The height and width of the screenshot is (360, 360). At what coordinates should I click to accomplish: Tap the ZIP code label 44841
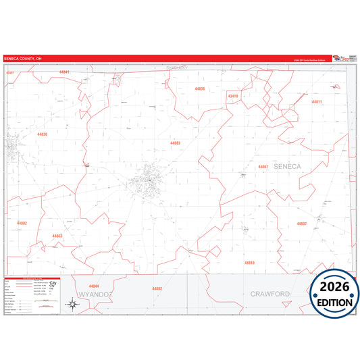click(x=64, y=72)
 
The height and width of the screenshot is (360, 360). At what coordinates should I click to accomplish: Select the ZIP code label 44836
click(x=199, y=89)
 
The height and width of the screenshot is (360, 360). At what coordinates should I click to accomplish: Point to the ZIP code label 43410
click(x=233, y=96)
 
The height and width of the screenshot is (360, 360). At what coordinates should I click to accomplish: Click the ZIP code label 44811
click(x=317, y=101)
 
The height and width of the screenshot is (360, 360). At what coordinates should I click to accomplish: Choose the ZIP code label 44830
click(x=43, y=134)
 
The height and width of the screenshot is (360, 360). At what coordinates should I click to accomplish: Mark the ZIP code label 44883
click(x=176, y=143)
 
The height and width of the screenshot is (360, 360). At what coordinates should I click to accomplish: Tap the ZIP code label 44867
click(x=263, y=166)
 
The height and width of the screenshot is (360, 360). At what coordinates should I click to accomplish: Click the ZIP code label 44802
click(x=22, y=223)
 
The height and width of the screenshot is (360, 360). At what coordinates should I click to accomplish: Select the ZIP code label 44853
click(x=57, y=236)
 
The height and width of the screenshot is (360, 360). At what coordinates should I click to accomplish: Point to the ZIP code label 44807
click(x=302, y=223)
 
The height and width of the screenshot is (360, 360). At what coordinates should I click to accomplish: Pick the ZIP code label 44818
click(x=249, y=263)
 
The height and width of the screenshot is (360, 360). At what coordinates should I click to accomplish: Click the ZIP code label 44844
click(x=94, y=286)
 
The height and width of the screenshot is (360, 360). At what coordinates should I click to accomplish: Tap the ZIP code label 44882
click(x=157, y=288)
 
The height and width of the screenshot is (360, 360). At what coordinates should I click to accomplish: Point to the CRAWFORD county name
click(x=269, y=294)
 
